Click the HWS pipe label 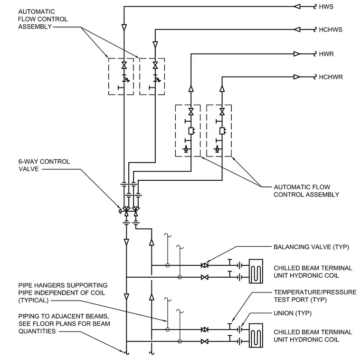(326, 7)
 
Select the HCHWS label (331, 30)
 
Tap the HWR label (326, 54)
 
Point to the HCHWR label (331, 77)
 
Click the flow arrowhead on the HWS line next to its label (297, 7)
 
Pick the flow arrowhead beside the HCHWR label (297, 77)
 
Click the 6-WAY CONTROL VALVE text (44, 165)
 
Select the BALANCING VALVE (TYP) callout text (311, 247)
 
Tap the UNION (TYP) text (293, 313)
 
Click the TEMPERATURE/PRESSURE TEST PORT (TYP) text (315, 296)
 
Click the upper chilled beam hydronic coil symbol (256, 271)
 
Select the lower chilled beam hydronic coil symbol (256, 336)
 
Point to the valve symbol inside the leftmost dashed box (124, 66)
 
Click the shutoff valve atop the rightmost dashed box (222, 112)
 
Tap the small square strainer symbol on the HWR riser (191, 131)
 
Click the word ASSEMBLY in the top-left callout (35, 27)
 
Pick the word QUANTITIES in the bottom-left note (37, 331)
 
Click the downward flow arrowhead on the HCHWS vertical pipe (155, 45)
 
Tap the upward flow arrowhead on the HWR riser (191, 89)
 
